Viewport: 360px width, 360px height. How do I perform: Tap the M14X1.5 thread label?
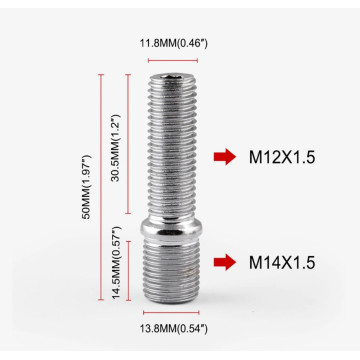click(x=281, y=262)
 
